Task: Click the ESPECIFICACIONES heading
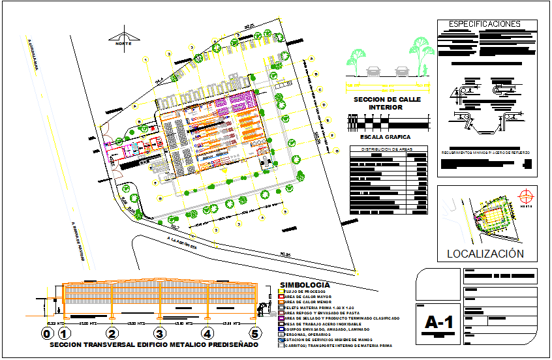tap(485, 25)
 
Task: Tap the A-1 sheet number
tap(438, 322)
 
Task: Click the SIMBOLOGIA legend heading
tap(304, 285)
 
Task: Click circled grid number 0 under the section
tap(46, 334)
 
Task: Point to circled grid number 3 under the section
tap(159, 334)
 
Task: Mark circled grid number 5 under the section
tap(256, 334)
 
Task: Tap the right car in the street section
tap(401, 70)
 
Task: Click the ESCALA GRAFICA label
tap(380, 137)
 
